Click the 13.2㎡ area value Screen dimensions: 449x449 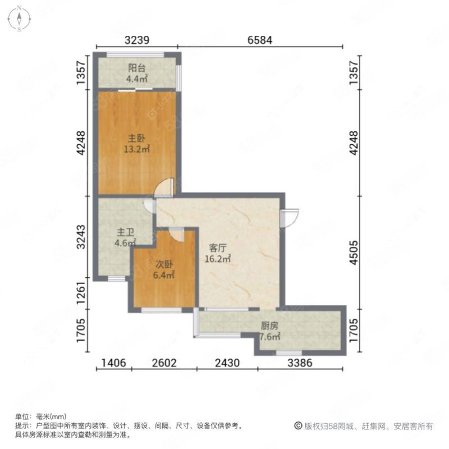(137, 149)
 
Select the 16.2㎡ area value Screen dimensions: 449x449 (218, 259)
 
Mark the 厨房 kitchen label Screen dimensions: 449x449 (269, 326)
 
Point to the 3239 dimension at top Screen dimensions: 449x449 (137, 40)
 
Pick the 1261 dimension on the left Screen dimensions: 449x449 (82, 294)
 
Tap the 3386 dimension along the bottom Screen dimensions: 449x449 (300, 363)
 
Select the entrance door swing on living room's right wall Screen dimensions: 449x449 (290, 216)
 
